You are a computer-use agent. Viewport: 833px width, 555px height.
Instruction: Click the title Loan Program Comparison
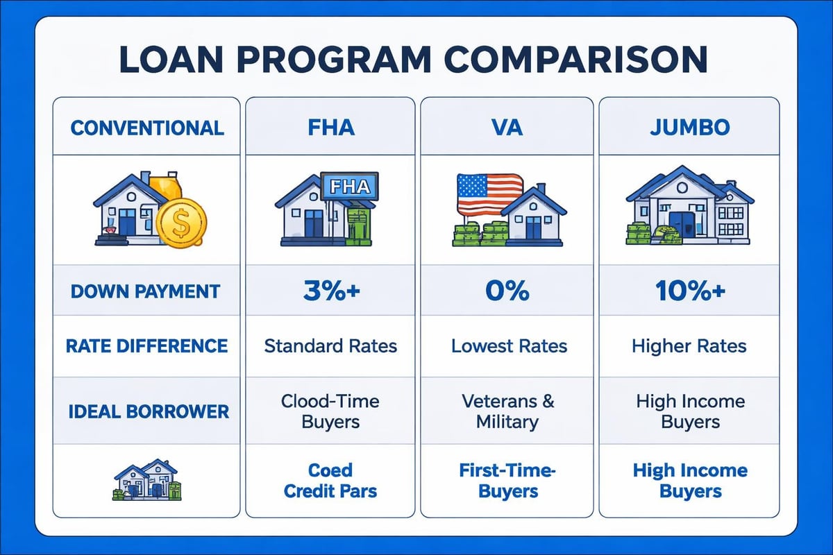416,60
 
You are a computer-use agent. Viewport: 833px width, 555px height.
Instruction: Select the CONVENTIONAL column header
147,128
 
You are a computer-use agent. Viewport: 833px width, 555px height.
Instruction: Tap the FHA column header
330,128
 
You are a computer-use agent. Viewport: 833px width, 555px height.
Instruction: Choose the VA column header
507,128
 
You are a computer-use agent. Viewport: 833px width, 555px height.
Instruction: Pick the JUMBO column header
690,128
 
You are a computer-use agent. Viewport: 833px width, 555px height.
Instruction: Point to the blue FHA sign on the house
350,187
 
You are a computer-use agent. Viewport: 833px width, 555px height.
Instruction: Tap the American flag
489,194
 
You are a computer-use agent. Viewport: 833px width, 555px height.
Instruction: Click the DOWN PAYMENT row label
147,291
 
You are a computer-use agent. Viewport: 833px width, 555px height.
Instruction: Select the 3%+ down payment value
330,291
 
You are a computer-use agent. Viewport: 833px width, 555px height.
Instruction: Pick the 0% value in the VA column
507,291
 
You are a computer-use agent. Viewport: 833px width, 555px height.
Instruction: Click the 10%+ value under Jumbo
690,291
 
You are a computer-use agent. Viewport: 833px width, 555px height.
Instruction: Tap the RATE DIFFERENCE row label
147,345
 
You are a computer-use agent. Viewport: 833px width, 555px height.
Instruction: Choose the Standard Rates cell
330,345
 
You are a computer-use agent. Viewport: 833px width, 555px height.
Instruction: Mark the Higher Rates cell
690,345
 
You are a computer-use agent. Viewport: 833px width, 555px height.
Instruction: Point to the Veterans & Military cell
507,411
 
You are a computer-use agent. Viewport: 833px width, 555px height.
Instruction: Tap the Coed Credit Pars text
330,481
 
